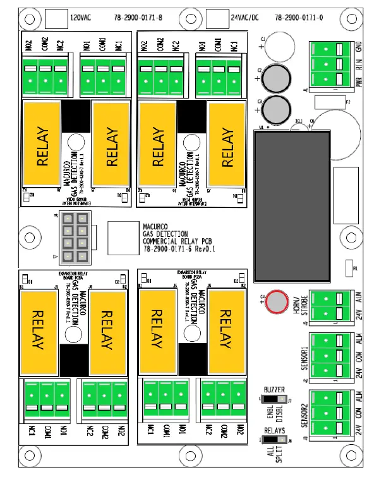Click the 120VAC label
[80, 19]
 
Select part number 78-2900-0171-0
[299, 19]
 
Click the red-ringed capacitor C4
[278, 301]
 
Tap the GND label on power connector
[359, 49]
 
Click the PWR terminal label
[359, 82]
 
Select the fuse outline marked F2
[329, 101]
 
